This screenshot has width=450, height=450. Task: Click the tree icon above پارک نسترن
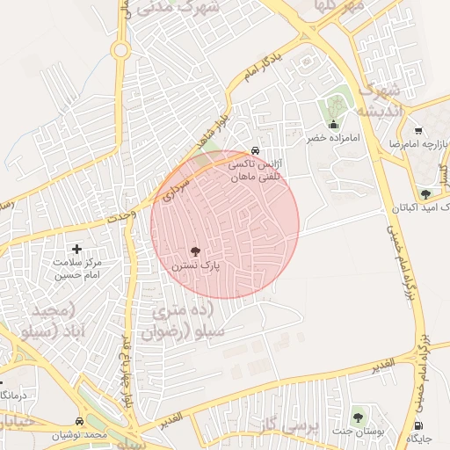[x=195, y=251]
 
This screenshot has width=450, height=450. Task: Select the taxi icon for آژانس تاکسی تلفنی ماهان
[x=255, y=150]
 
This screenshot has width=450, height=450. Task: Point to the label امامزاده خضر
[x=327, y=138]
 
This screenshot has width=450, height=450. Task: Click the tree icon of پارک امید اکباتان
[x=426, y=194]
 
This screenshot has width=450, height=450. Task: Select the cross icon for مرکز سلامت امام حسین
[x=76, y=250]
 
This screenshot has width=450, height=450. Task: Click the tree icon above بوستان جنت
[x=358, y=417]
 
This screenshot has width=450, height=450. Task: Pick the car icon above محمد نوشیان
[x=80, y=422]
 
